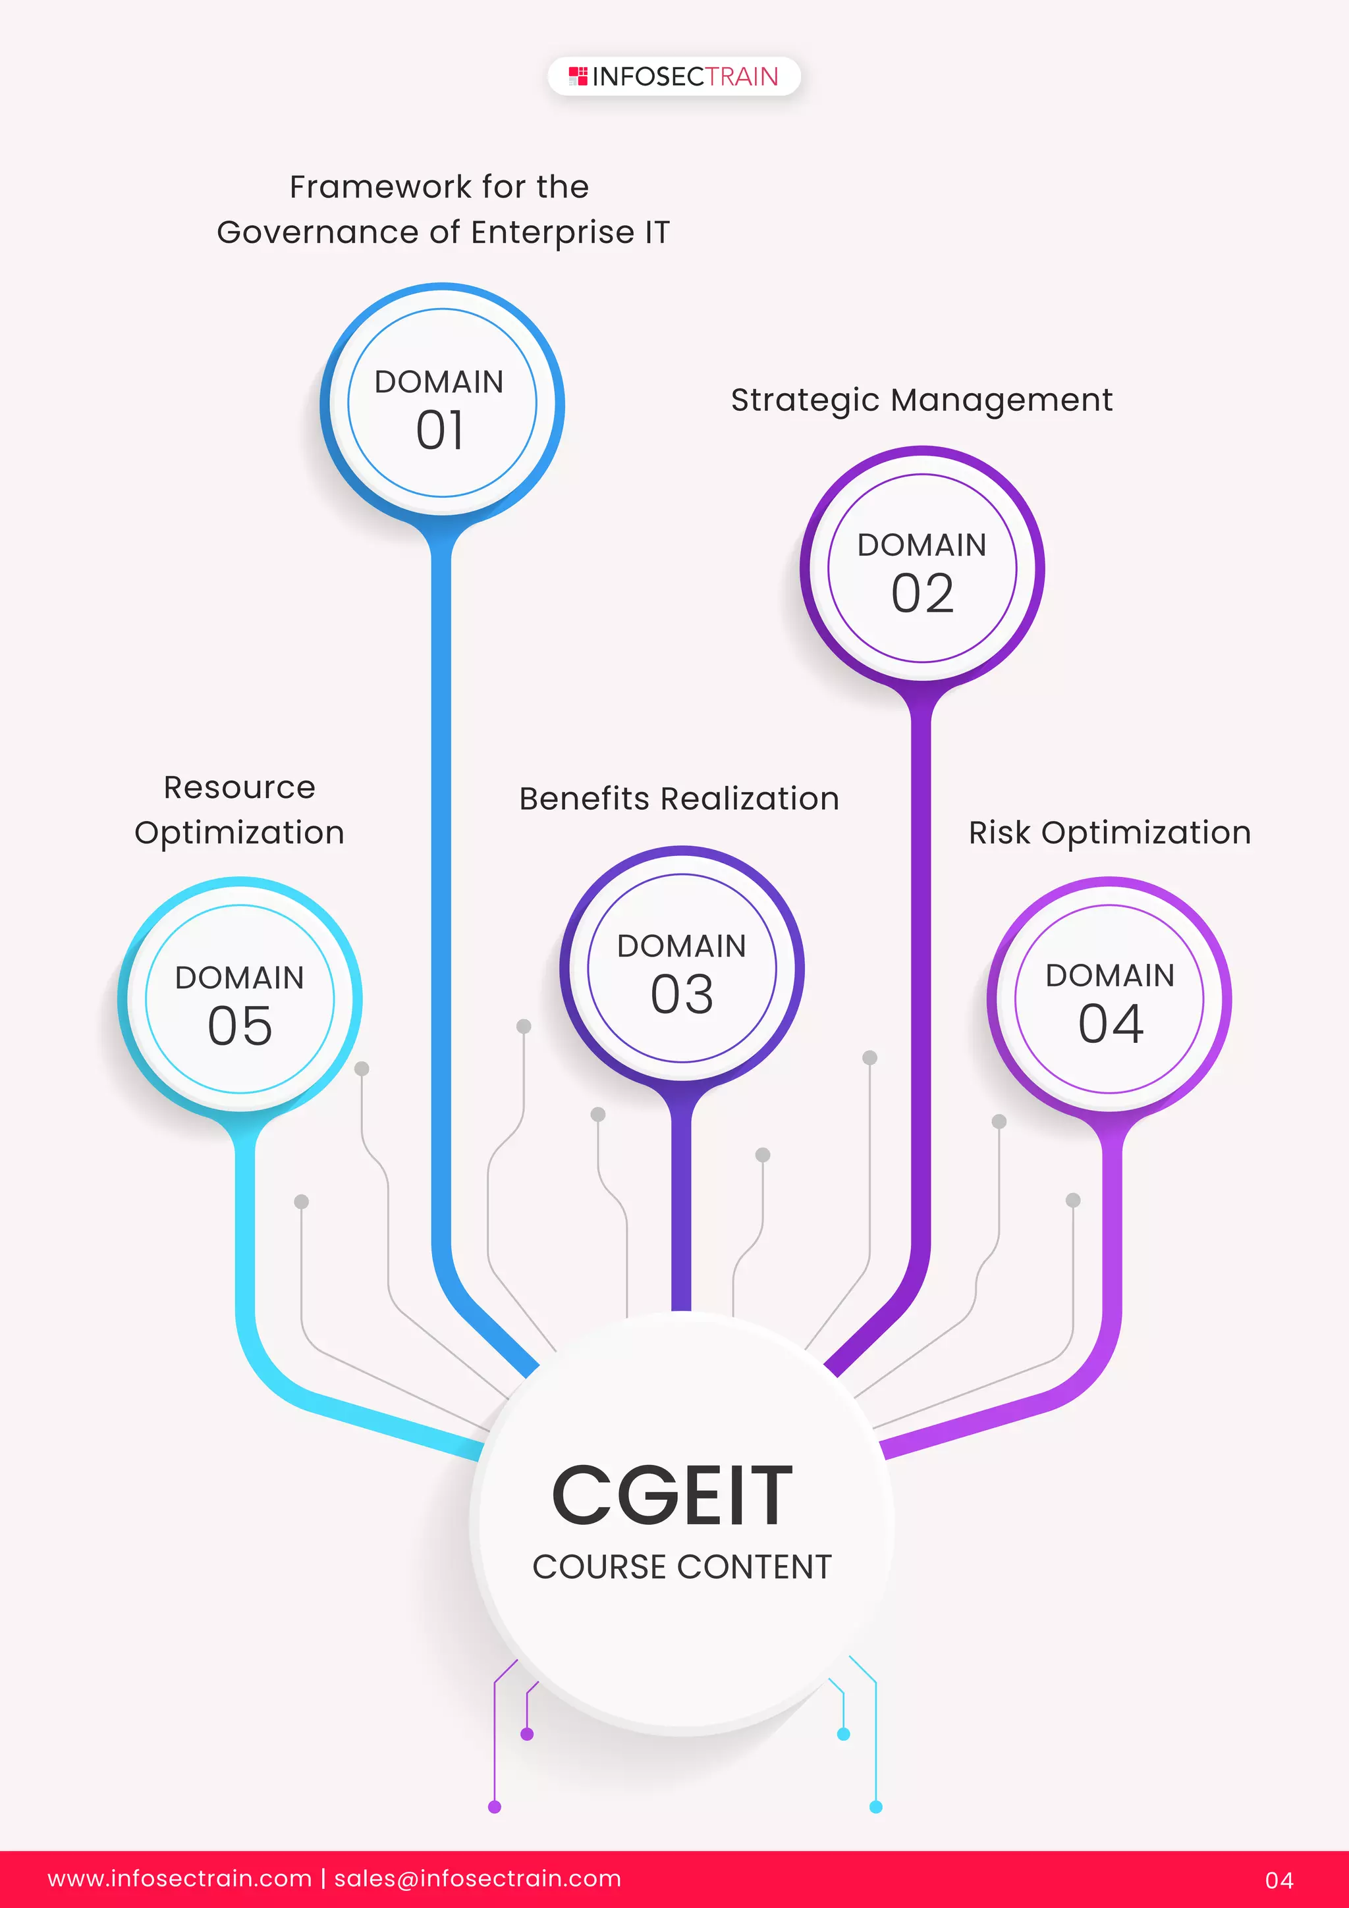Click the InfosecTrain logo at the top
click(x=674, y=76)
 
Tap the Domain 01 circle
click(x=441, y=404)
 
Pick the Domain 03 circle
click(x=682, y=968)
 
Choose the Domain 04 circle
click(x=1110, y=999)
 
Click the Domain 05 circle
click(x=240, y=999)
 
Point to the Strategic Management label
click(x=921, y=400)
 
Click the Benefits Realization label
click(x=679, y=799)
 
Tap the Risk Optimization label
click(x=1110, y=833)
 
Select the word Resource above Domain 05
click(x=239, y=787)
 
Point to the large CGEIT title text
click(x=673, y=1496)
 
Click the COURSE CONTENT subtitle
click(x=682, y=1567)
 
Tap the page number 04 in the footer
click(x=1279, y=1880)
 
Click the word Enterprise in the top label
click(x=553, y=232)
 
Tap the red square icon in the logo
click(x=578, y=76)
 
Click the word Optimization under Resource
click(x=239, y=833)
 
